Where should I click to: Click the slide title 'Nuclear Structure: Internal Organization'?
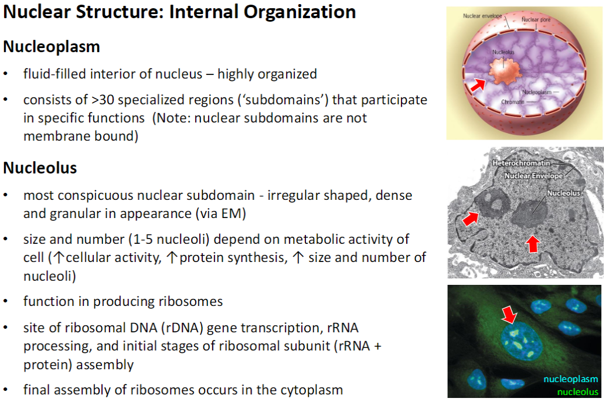(x=179, y=13)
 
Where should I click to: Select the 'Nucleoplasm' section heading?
(x=52, y=46)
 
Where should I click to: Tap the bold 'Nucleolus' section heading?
(x=40, y=168)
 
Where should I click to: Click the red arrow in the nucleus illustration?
(x=479, y=86)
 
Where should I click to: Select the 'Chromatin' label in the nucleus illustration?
(x=513, y=102)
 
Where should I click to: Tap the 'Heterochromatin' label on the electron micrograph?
(x=521, y=162)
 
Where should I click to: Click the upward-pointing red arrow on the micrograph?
(x=532, y=243)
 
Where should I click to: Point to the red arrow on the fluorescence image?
(x=509, y=315)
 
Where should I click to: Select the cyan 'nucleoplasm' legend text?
(x=571, y=379)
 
